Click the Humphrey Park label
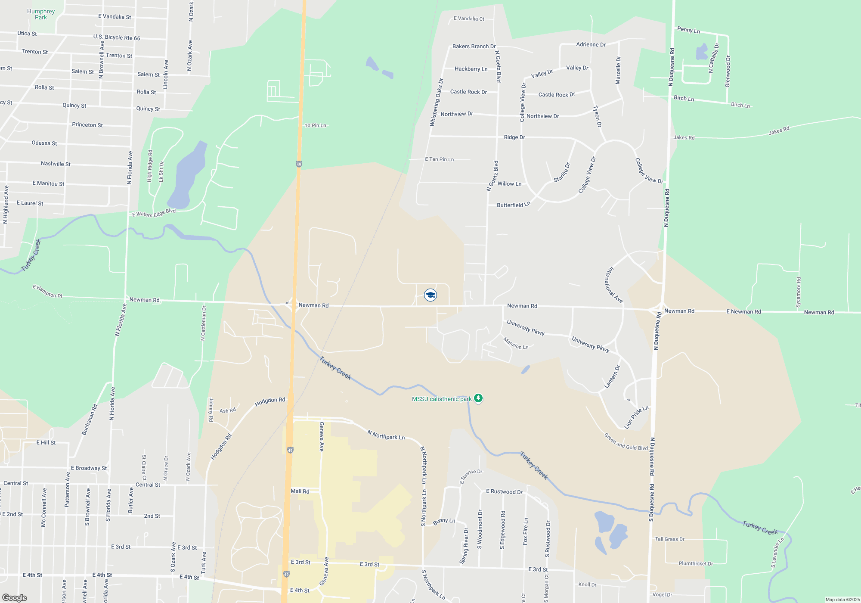[41, 14]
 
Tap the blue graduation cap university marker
[430, 295]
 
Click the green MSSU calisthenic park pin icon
[478, 398]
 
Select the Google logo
[14, 598]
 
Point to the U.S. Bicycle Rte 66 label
[117, 37]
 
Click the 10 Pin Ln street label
[315, 125]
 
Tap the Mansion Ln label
[516, 343]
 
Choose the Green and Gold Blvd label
[626, 442]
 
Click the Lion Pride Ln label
[636, 417]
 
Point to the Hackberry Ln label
[471, 69]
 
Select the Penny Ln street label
[688, 30]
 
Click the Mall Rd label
[300, 491]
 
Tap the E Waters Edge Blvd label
[154, 213]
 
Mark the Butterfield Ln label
[513, 205]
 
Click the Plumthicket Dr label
[696, 563]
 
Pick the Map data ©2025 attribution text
[842, 600]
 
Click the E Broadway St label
[89, 468]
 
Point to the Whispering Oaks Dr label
[436, 103]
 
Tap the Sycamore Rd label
[798, 292]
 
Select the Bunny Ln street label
[444, 521]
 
